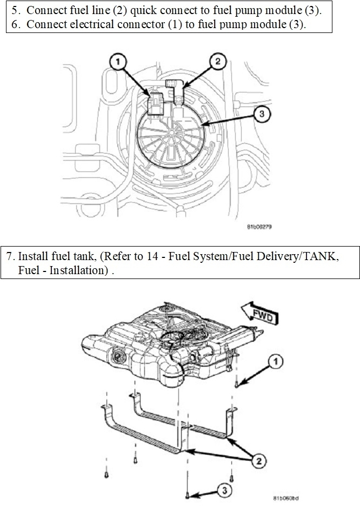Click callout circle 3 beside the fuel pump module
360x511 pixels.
point(262,114)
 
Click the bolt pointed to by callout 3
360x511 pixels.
point(187,494)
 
